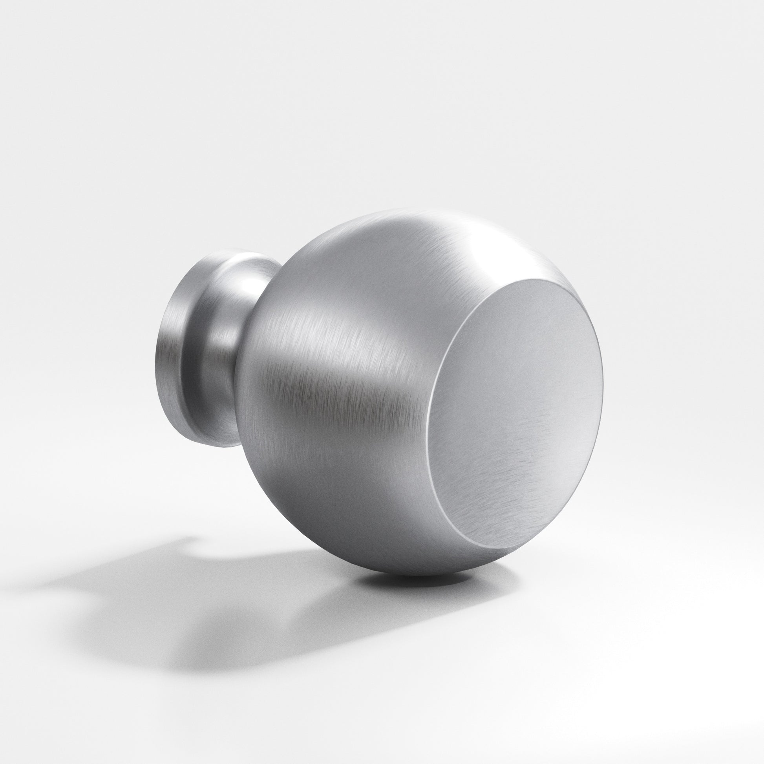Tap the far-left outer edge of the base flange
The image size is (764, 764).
[x=152, y=356]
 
